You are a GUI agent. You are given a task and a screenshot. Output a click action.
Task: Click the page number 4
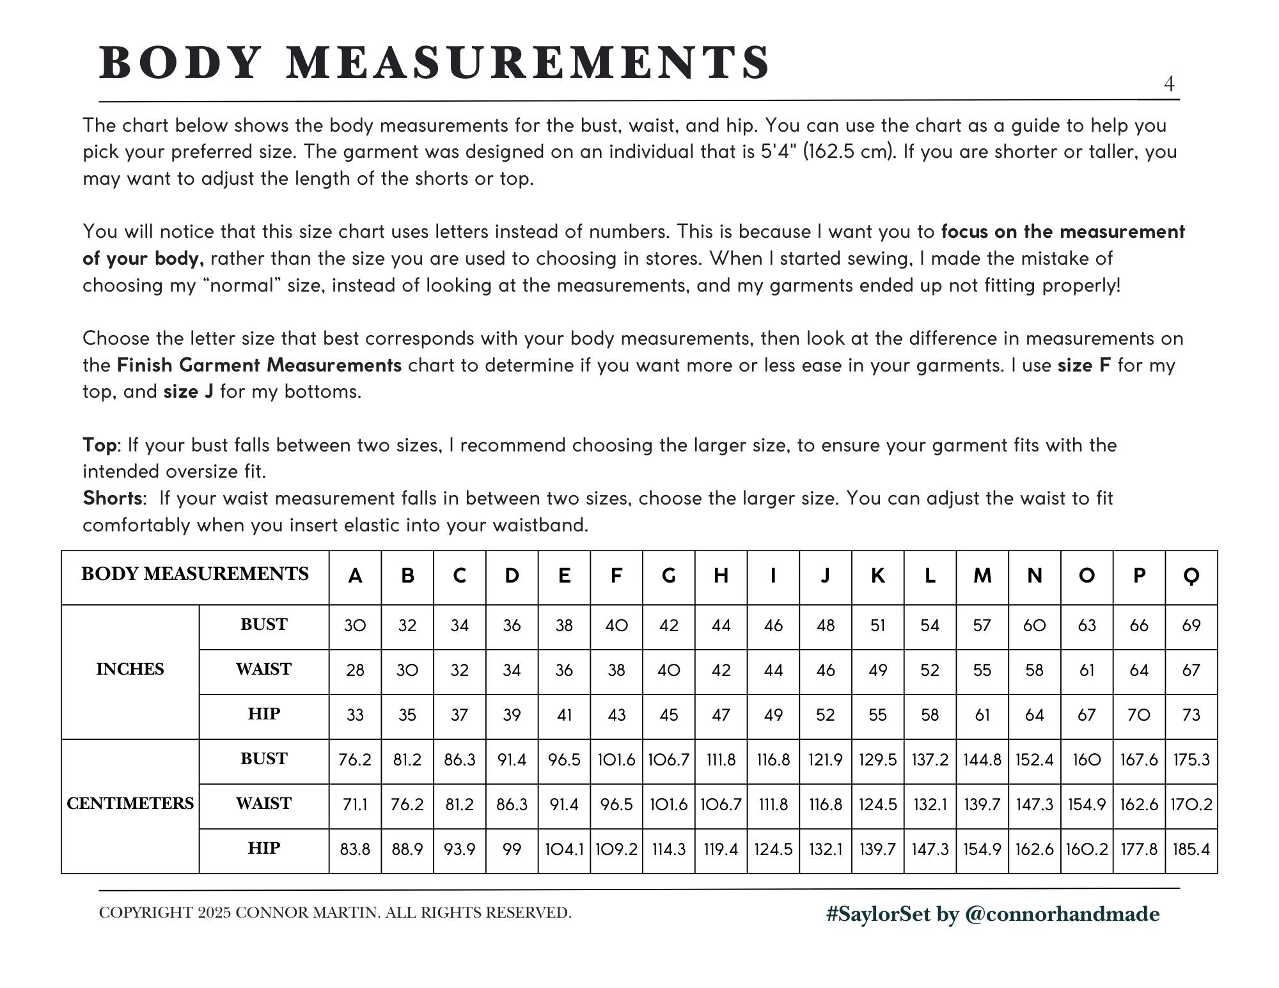pyautogui.click(x=1169, y=84)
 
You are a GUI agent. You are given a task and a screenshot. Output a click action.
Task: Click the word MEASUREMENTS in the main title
pyautogui.click(x=528, y=63)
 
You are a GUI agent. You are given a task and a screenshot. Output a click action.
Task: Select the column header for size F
pyautogui.click(x=616, y=576)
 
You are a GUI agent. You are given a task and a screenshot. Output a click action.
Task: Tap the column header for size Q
pyautogui.click(x=1191, y=576)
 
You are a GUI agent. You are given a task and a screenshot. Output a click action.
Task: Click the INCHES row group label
pyautogui.click(x=130, y=670)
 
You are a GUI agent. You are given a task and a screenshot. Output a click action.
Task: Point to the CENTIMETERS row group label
pyautogui.click(x=130, y=804)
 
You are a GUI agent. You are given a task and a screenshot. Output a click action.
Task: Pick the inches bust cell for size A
pyautogui.click(x=355, y=625)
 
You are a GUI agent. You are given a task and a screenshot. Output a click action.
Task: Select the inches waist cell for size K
pyautogui.click(x=877, y=670)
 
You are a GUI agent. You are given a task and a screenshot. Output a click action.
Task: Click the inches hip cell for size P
pyautogui.click(x=1139, y=715)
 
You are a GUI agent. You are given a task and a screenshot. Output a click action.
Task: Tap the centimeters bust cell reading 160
pyautogui.click(x=1087, y=760)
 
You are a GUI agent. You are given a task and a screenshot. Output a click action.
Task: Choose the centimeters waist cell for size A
pyautogui.click(x=355, y=804)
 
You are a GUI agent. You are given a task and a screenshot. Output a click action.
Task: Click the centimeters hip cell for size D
pyautogui.click(x=512, y=849)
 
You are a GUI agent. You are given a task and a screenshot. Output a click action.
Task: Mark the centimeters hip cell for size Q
pyautogui.click(x=1191, y=849)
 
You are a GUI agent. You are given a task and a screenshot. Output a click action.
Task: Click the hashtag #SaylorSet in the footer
pyautogui.click(x=877, y=914)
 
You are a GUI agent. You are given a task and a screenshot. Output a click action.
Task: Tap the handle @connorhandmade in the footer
pyautogui.click(x=1061, y=914)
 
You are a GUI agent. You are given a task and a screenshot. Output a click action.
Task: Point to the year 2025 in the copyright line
pyautogui.click(x=214, y=913)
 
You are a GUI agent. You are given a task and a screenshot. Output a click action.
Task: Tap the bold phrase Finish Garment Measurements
pyautogui.click(x=259, y=365)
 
